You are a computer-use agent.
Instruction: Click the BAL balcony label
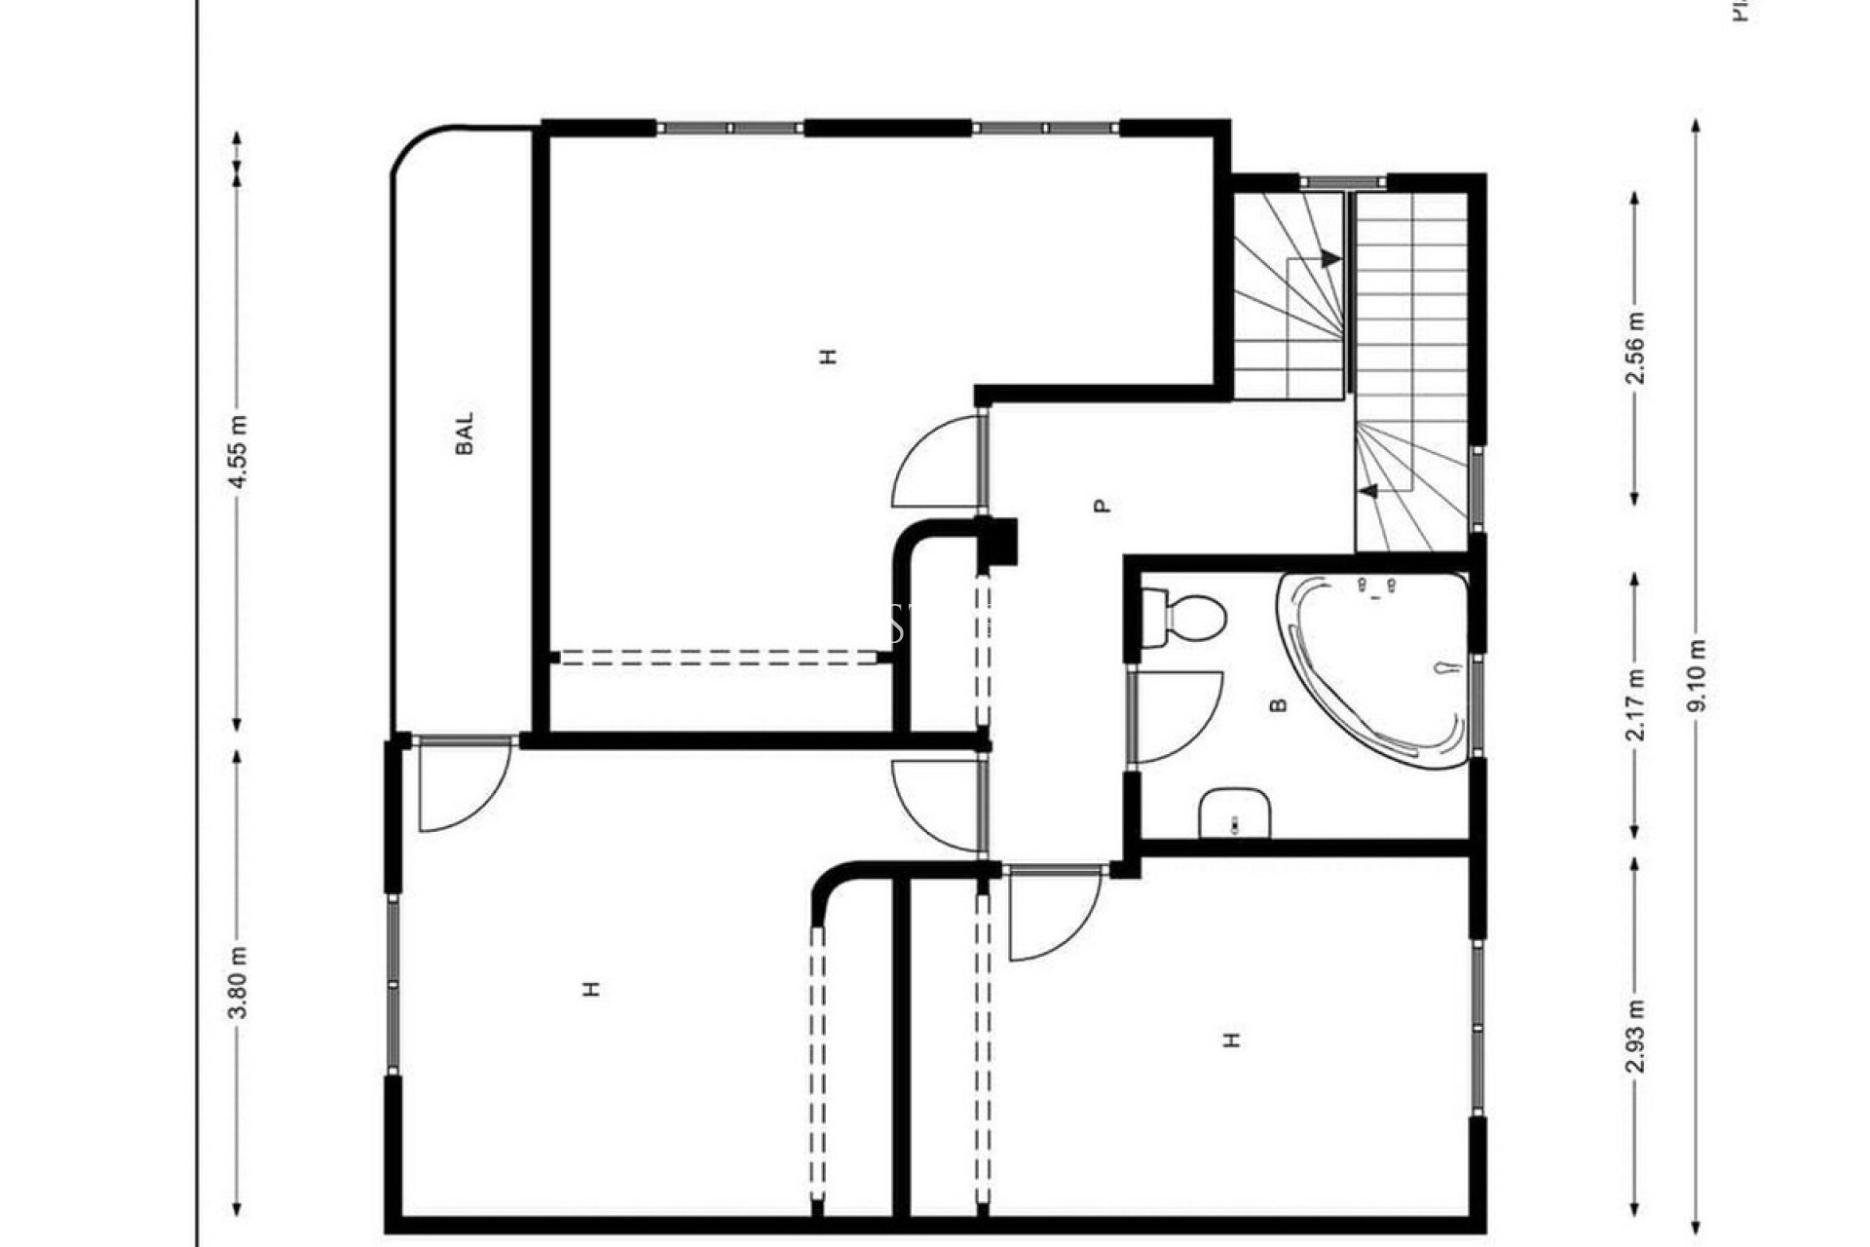(x=466, y=434)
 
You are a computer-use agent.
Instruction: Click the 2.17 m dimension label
(x=1635, y=704)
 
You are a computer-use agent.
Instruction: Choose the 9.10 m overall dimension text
(x=1697, y=675)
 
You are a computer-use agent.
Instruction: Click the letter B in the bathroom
(x=1280, y=703)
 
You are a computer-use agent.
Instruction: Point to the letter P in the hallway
(x=1102, y=506)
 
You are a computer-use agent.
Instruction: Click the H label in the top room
(x=829, y=356)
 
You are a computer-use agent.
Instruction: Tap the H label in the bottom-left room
(x=591, y=989)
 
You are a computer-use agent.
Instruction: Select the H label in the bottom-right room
(x=1232, y=1039)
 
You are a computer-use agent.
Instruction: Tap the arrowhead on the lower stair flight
(x=1368, y=491)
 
